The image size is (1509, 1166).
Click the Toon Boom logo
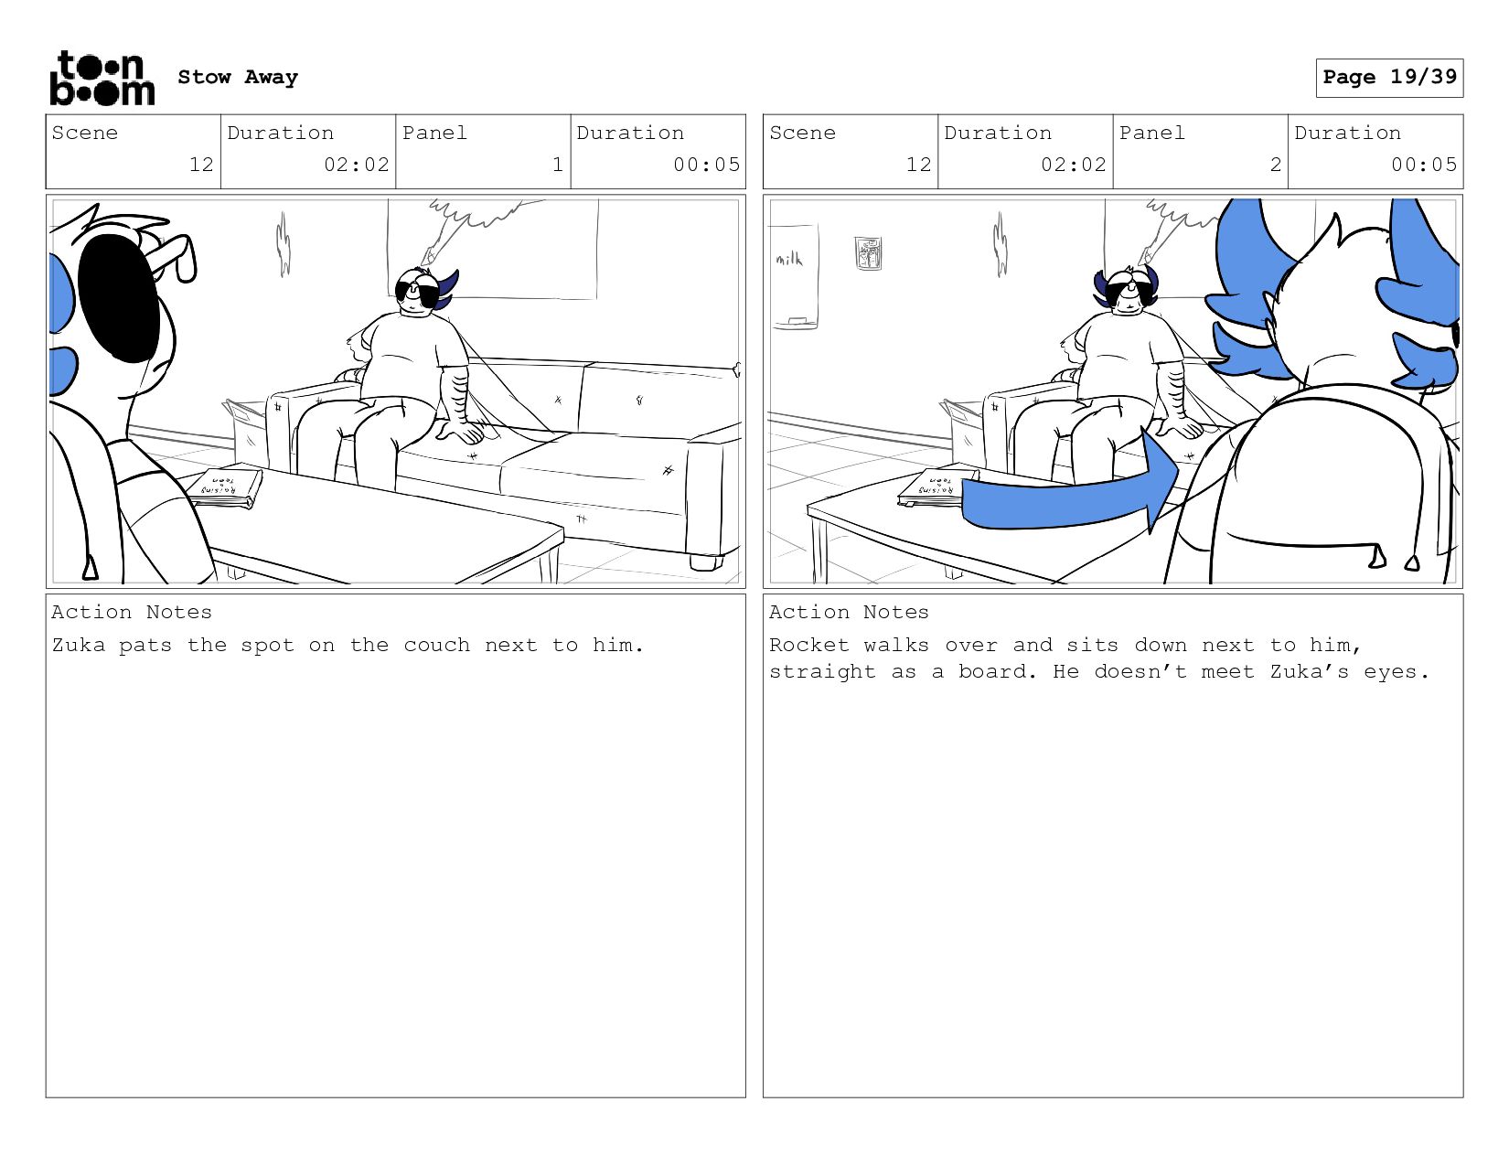102,78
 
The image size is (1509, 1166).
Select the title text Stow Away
238,77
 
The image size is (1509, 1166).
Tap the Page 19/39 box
1389,77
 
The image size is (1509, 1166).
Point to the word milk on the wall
789,259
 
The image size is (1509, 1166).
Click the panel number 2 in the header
1275,165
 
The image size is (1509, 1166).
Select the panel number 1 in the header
558,165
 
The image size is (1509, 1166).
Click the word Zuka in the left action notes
79,645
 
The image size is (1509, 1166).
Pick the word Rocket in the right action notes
809,645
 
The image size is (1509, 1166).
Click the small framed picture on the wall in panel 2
868,252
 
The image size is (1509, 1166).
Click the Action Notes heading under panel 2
849,612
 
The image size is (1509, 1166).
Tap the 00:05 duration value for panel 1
706,165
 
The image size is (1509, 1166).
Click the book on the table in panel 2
934,487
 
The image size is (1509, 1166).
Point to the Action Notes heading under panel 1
132,612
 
